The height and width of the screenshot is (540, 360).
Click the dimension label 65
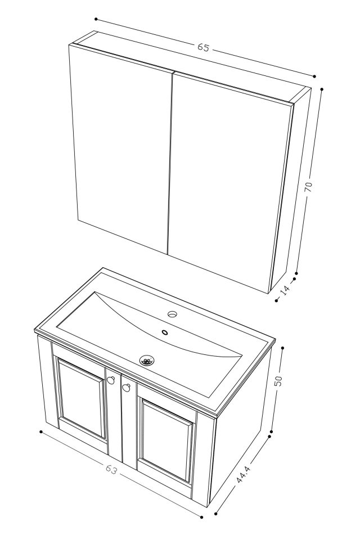click(x=203, y=48)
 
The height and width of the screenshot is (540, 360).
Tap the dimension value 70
click(x=309, y=186)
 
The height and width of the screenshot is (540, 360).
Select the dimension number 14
click(x=286, y=289)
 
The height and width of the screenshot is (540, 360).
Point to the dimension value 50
click(x=278, y=381)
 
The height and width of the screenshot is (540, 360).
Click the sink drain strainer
click(x=147, y=360)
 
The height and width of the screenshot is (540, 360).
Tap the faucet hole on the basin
click(x=172, y=313)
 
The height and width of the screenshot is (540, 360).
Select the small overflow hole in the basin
click(x=165, y=332)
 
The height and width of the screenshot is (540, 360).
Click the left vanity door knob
click(x=111, y=380)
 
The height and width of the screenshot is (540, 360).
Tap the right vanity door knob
click(x=126, y=387)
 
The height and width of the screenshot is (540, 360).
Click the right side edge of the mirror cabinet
click(x=290, y=191)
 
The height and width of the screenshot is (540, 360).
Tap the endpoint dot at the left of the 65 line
click(x=96, y=19)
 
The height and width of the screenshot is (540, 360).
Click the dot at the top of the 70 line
click(x=321, y=89)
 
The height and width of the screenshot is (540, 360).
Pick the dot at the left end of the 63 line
click(x=41, y=432)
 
